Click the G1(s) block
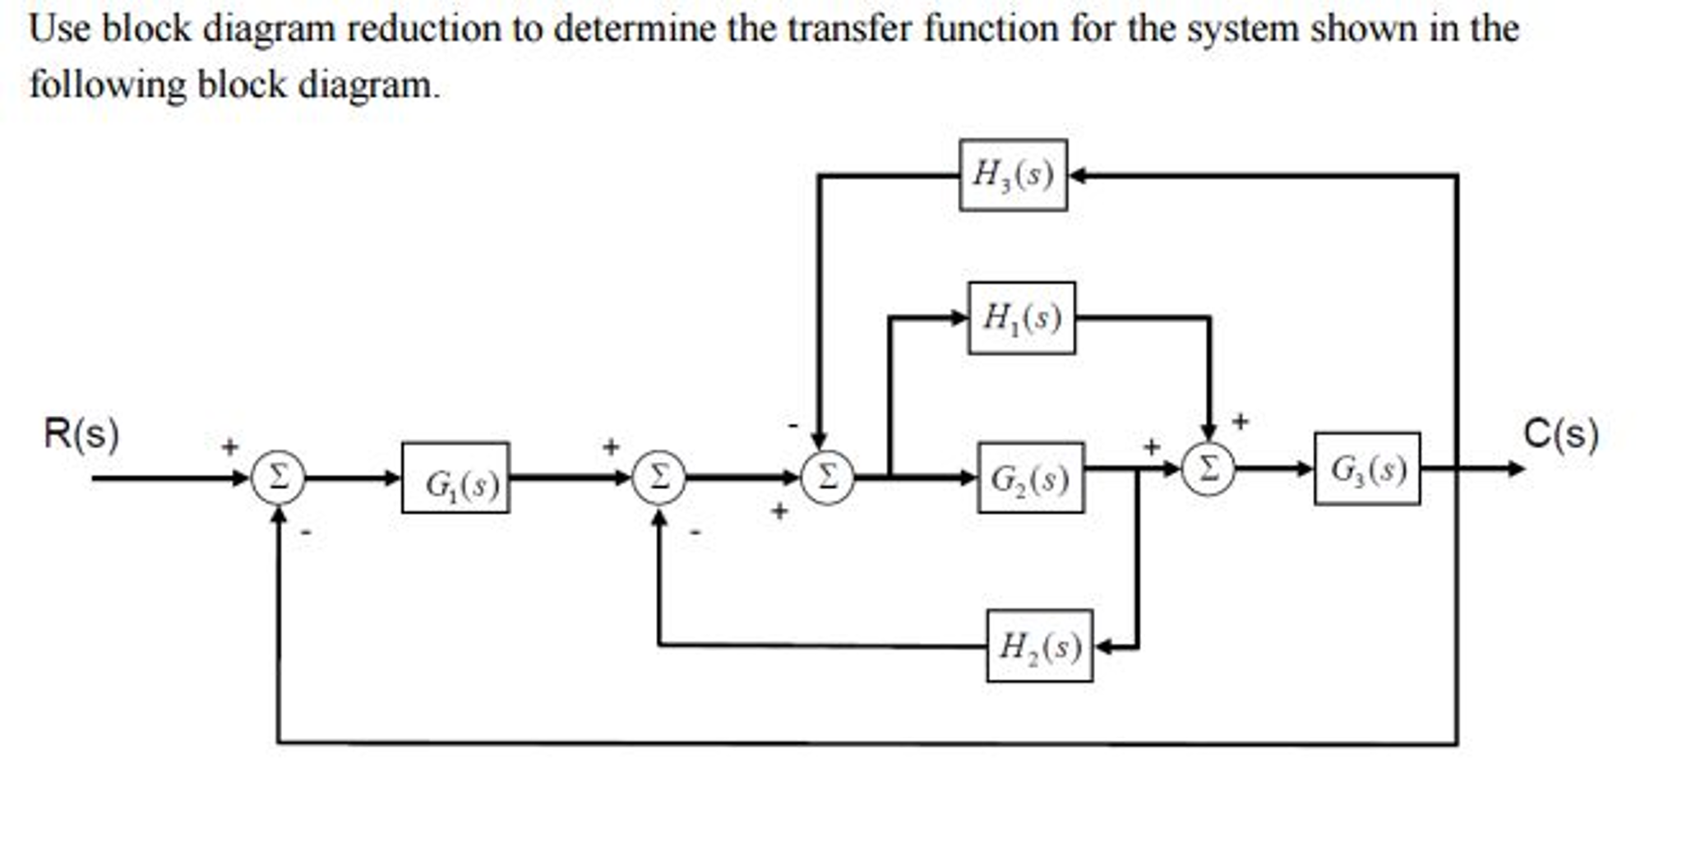[x=455, y=478]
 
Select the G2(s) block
[x=1030, y=478]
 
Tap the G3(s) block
[x=1366, y=469]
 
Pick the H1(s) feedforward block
[x=1021, y=318]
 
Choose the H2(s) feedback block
[x=1039, y=646]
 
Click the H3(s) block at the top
[x=1013, y=175]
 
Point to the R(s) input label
[x=81, y=433]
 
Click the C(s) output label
[x=1560, y=433]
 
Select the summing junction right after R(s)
[x=278, y=477]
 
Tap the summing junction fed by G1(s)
[x=658, y=477]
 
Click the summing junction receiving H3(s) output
[x=827, y=477]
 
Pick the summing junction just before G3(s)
[x=1208, y=469]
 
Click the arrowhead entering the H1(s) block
[x=959, y=317]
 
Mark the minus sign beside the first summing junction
[x=306, y=533]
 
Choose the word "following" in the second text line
[x=108, y=85]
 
